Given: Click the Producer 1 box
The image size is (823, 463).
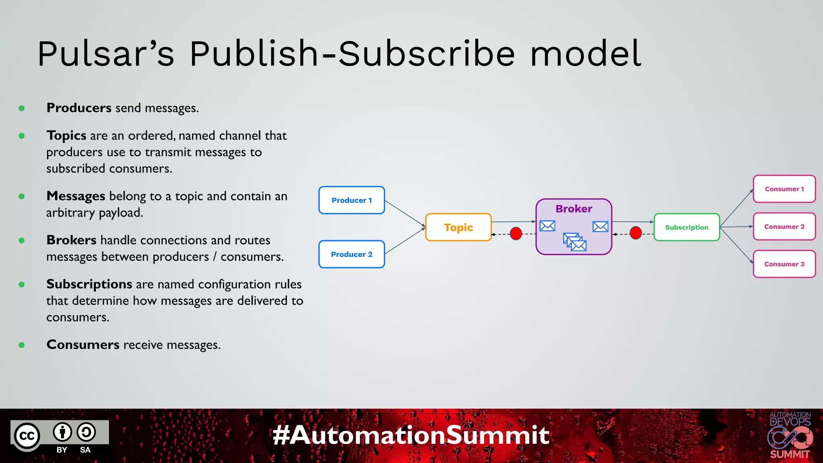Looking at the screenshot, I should [x=352, y=200].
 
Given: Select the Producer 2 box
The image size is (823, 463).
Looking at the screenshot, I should [x=352, y=254].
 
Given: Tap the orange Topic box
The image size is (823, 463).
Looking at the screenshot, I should [x=458, y=227].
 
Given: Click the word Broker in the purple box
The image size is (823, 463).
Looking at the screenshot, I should [x=573, y=209].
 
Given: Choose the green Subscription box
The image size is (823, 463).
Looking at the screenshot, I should [x=686, y=227].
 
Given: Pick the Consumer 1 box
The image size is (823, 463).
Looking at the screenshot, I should [x=784, y=189].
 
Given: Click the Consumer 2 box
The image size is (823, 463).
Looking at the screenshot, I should [x=784, y=227].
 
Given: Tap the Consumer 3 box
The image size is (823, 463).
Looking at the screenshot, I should [x=784, y=264].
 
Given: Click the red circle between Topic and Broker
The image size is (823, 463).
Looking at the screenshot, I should [x=516, y=233].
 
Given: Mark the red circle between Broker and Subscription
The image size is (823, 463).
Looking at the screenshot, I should [x=636, y=233].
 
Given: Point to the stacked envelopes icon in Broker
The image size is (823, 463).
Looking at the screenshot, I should [x=575, y=242].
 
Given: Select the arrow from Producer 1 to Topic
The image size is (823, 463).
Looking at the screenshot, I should [x=405, y=213].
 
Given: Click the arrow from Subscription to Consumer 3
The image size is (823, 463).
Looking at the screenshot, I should [x=736, y=245].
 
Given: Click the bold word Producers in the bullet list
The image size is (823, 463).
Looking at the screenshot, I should [x=79, y=108].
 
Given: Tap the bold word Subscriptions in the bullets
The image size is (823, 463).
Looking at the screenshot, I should [x=89, y=284].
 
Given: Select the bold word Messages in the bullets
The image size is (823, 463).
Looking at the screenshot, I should [x=76, y=196].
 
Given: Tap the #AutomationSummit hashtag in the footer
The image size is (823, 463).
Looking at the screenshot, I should [x=411, y=435].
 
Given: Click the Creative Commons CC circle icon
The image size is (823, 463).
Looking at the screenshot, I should [x=27, y=436].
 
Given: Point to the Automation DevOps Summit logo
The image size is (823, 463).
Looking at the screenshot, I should [x=790, y=435].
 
